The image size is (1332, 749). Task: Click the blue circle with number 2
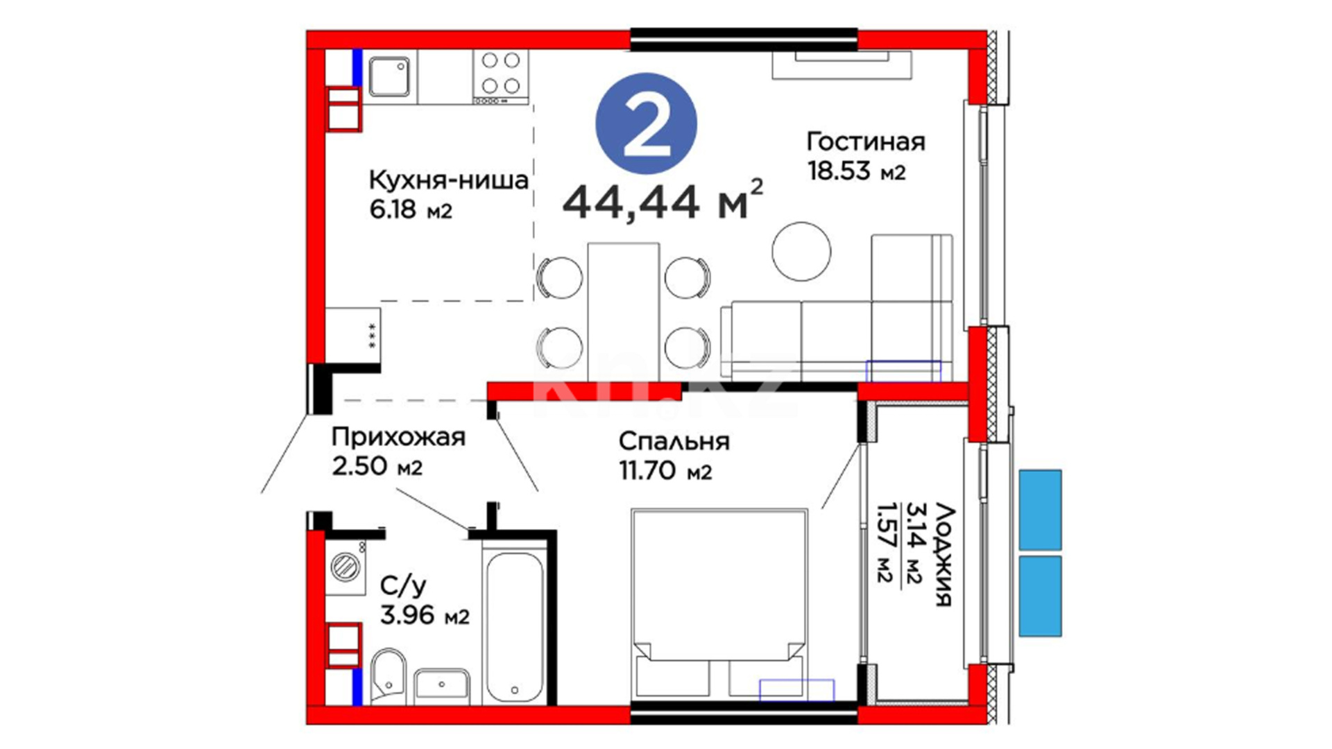(646, 124)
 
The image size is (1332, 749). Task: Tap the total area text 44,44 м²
(663, 200)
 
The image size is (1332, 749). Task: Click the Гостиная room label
(866, 141)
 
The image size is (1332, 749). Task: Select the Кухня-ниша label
(448, 180)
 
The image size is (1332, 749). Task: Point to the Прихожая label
(398, 437)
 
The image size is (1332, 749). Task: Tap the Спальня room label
(674, 441)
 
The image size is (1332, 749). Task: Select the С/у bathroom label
(403, 587)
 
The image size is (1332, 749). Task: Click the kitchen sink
(388, 76)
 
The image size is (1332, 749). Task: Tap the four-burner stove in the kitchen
(501, 76)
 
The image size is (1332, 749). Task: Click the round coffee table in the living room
(801, 251)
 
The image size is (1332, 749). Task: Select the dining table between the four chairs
(623, 312)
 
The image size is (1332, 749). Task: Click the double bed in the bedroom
(719, 603)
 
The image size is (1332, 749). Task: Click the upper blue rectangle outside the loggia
(1040, 510)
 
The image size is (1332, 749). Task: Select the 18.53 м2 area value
(857, 171)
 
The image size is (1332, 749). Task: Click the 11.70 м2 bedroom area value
(665, 471)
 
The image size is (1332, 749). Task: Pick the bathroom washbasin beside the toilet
(441, 687)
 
